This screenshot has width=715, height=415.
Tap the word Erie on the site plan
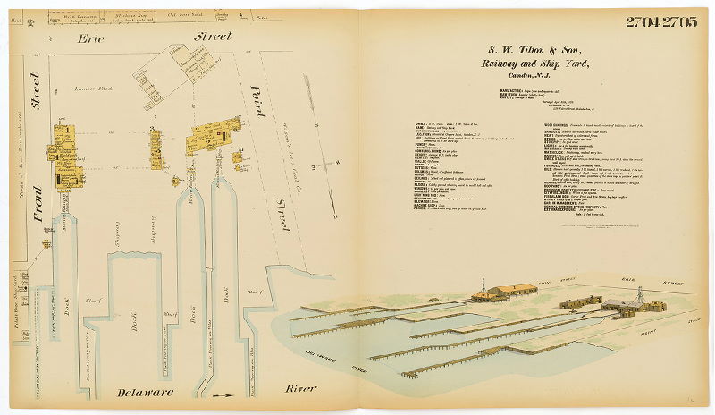pyautogui.click(x=91, y=39)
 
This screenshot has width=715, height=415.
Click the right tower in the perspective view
pyautogui.click(x=639, y=295)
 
